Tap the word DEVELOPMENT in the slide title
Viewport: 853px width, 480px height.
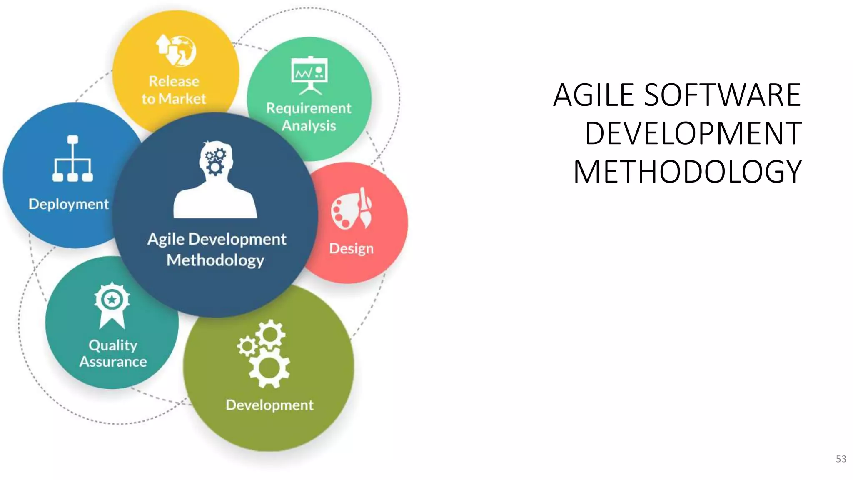pyautogui.click(x=693, y=134)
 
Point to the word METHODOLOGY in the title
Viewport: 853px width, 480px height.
pyautogui.click(x=687, y=172)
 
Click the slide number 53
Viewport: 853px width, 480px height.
pyautogui.click(x=841, y=459)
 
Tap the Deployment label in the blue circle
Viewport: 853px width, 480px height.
pyautogui.click(x=68, y=204)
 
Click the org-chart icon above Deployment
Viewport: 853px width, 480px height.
pyautogui.click(x=73, y=159)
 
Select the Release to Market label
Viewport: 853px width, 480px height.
pyautogui.click(x=174, y=90)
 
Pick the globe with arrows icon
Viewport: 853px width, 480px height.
pyautogui.click(x=176, y=50)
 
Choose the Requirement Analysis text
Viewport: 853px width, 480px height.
pyautogui.click(x=309, y=117)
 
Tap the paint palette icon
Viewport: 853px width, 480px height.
pyautogui.click(x=352, y=208)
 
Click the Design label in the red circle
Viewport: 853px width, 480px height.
pyautogui.click(x=351, y=249)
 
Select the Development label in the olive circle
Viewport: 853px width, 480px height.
pyautogui.click(x=269, y=405)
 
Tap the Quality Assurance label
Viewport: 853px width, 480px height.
pyautogui.click(x=113, y=353)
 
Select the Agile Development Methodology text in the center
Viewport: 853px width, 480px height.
pyautogui.click(x=217, y=250)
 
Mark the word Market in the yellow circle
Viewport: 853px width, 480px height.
pyautogui.click(x=182, y=99)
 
